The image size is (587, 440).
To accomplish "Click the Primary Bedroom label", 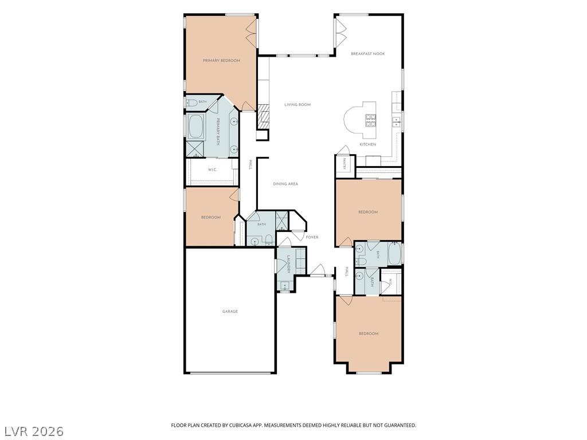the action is tap(221, 61).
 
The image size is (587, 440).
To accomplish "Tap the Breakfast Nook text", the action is tap(367, 54).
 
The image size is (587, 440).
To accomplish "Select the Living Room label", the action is tap(298, 105).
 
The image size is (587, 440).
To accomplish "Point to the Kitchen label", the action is tap(367, 144).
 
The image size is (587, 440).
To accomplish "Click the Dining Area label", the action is tap(285, 184).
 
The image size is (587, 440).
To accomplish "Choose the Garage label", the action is tap(230, 312).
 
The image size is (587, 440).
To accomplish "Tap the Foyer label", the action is tap(312, 237).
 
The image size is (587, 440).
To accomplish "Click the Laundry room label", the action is tap(289, 265).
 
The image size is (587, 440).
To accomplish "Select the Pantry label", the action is tap(344, 163).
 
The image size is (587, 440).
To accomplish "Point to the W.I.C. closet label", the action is tap(212, 170).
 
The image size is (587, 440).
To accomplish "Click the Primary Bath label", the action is tap(218, 132).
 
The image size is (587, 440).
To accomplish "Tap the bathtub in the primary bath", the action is tap(196, 127).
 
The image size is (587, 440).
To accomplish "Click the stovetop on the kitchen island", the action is tap(370, 120).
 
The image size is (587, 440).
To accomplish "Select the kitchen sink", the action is tap(397, 120).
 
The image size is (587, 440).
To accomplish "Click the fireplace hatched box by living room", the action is tap(263, 117).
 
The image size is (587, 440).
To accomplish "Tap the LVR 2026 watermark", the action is tap(32, 431).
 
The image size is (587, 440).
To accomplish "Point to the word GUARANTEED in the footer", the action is tap(400, 426).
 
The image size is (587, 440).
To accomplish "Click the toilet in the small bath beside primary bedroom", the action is tap(192, 103).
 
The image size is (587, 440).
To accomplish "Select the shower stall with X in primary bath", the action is tap(195, 149).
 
